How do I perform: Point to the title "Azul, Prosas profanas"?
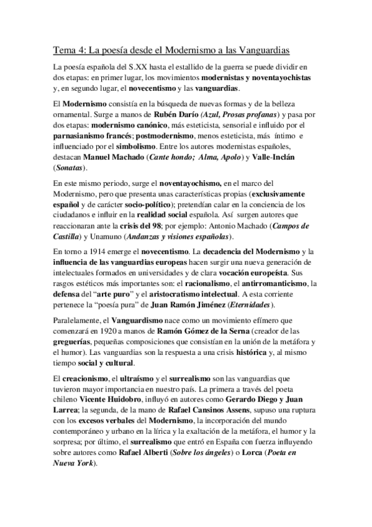click(x=244, y=116)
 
